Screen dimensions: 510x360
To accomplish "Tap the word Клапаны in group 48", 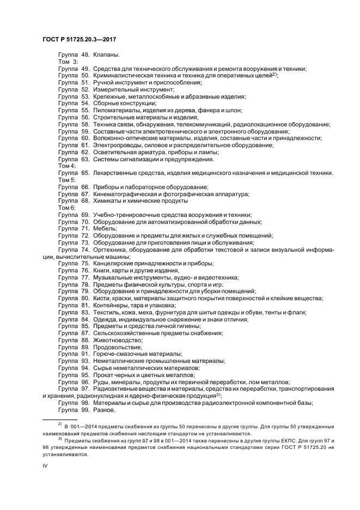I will point(106,55).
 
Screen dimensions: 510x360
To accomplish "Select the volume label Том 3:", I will point(68,62).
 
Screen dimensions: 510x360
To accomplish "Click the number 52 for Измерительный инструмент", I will point(85,89).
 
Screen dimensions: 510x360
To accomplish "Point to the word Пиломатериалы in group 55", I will point(113,110).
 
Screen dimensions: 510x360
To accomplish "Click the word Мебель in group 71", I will point(105,229).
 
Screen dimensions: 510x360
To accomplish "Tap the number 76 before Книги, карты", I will point(85,270).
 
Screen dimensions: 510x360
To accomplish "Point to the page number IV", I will point(45,466).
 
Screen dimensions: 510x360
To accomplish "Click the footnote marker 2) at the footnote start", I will point(60,423).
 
